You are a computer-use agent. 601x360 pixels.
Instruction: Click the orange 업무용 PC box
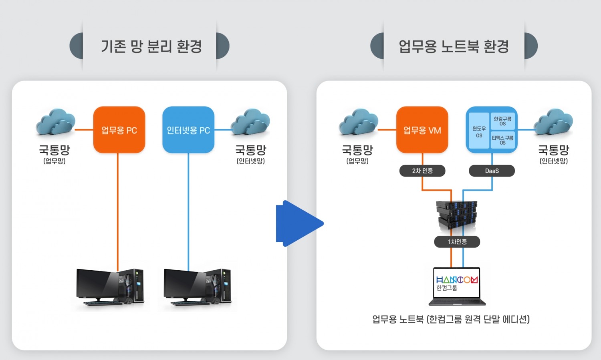coord(119,130)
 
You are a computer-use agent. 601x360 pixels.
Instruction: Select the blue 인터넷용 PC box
coord(188,130)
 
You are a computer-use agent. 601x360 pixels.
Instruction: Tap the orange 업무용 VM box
coord(422,130)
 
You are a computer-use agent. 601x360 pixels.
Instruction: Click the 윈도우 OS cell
coord(479,131)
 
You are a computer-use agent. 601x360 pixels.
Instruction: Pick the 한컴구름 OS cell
coord(502,121)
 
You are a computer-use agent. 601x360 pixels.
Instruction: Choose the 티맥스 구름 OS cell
coord(502,140)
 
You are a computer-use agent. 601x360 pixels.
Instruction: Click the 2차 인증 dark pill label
coord(422,171)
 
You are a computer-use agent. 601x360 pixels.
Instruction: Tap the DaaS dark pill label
coord(492,171)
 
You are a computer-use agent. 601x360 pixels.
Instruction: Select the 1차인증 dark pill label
coord(457,241)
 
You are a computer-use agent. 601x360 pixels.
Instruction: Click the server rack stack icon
coord(457,216)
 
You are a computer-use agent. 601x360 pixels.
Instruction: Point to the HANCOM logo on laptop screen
coord(457,280)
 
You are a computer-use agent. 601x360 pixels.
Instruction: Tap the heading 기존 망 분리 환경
coord(151,46)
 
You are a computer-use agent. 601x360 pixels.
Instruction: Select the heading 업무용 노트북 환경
coord(454,46)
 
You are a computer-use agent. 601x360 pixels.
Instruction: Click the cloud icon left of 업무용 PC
coord(56,122)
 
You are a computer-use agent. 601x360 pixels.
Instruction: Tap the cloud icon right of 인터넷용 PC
coord(250,122)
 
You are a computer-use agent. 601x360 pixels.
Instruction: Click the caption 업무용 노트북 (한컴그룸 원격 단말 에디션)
coord(451,319)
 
